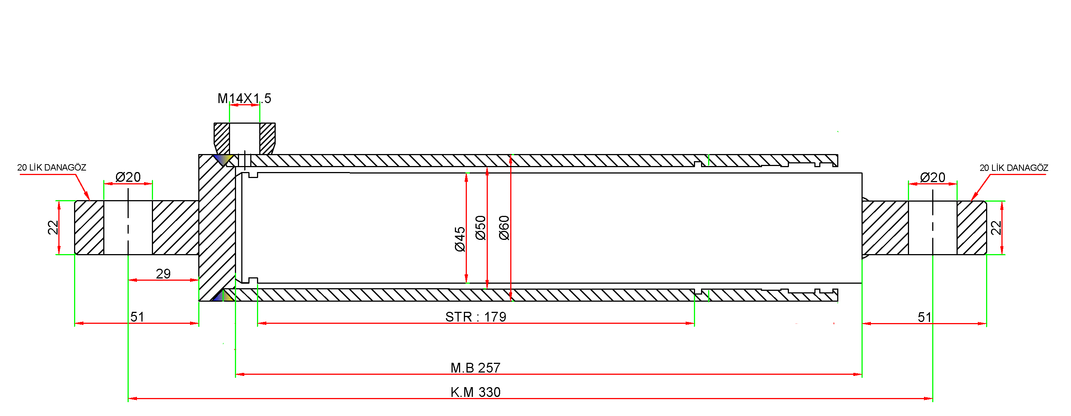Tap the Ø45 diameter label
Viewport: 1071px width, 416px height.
[459, 239]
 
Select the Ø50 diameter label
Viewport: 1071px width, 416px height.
[480, 228]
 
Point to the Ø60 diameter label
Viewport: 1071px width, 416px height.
[504, 228]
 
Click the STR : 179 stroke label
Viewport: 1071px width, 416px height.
[475, 317]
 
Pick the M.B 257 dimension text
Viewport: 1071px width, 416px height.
[475, 368]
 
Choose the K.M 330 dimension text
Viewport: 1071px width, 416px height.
[475, 392]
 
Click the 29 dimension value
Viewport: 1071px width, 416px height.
[163, 274]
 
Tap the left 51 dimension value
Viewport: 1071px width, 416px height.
[137, 317]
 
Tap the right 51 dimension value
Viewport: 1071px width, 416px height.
[924, 317]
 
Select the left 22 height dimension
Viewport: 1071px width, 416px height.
[53, 227]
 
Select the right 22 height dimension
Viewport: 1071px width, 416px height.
[996, 228]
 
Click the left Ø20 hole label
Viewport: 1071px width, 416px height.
[128, 177]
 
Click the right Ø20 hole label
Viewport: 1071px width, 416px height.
[933, 177]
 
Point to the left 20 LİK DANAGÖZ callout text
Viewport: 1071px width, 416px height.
[52, 168]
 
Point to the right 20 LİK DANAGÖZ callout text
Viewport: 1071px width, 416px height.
[1014, 168]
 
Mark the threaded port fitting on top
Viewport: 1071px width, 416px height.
[245, 138]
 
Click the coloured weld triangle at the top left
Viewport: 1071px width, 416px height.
[223, 160]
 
